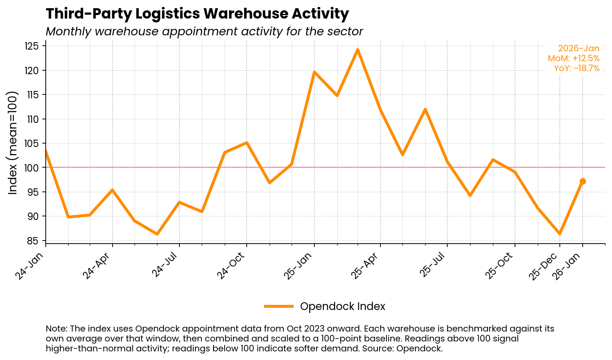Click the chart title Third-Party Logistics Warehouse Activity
pos(197,14)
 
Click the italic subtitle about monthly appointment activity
pos(204,32)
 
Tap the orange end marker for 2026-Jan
pos(583,182)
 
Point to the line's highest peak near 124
pos(358,50)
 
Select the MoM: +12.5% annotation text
pos(573,58)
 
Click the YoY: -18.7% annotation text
pos(576,68)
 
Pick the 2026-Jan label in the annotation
pos(578,49)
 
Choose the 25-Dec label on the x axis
pos(545,267)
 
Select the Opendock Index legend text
pos(342,307)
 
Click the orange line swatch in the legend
pos(279,307)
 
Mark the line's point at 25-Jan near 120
pos(314,72)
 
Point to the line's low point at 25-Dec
pos(560,234)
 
